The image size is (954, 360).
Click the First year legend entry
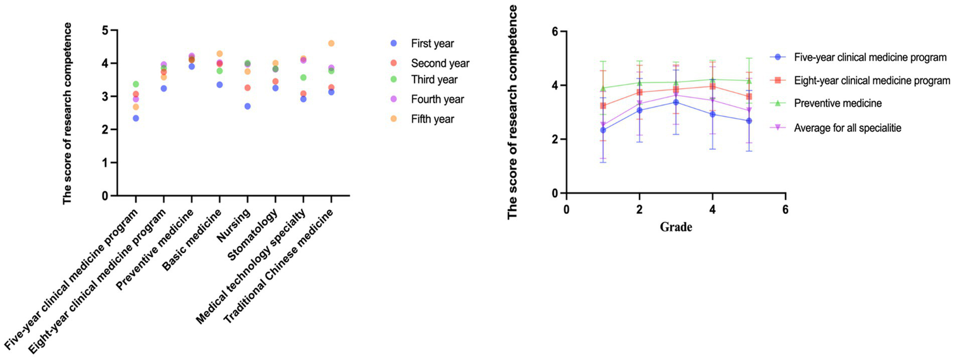pos(433,44)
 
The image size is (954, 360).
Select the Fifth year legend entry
pos(433,119)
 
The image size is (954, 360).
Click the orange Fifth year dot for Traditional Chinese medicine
pos(331,44)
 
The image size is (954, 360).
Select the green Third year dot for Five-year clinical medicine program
pos(136,84)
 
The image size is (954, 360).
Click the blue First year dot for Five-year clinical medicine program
pos(136,118)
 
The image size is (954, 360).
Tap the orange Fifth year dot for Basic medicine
pos(219,54)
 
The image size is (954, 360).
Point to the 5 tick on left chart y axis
pos(105,30)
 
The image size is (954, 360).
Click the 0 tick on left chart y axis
pos(105,196)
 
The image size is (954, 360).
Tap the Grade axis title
pos(676,227)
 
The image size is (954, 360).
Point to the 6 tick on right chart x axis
pos(785,208)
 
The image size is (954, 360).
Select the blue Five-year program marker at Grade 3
pos(676,102)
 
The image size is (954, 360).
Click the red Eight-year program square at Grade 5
pos(749,96)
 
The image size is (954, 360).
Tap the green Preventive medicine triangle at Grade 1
pos(603,88)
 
